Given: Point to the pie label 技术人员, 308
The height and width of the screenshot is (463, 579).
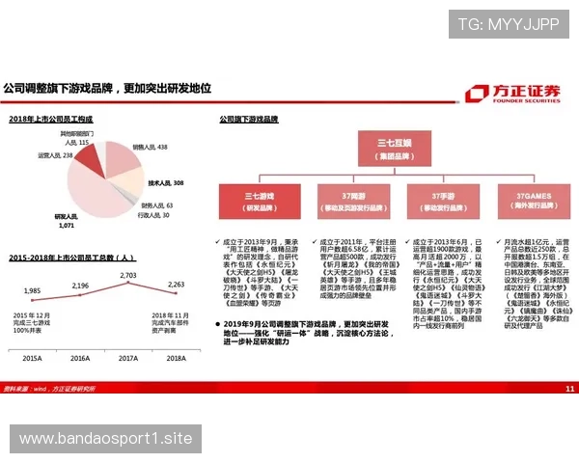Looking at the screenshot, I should click(165, 182).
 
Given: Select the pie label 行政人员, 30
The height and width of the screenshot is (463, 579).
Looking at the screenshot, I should click(152, 215).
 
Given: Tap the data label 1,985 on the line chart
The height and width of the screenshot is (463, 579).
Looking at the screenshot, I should click(33, 290).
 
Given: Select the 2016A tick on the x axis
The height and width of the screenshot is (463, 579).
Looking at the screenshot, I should click(80, 358).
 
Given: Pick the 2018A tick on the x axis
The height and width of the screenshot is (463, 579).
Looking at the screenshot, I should click(176, 358).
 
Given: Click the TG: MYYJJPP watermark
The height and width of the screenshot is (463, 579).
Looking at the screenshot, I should click(509, 24).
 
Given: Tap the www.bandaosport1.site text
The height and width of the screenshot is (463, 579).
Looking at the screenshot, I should click(106, 439).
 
